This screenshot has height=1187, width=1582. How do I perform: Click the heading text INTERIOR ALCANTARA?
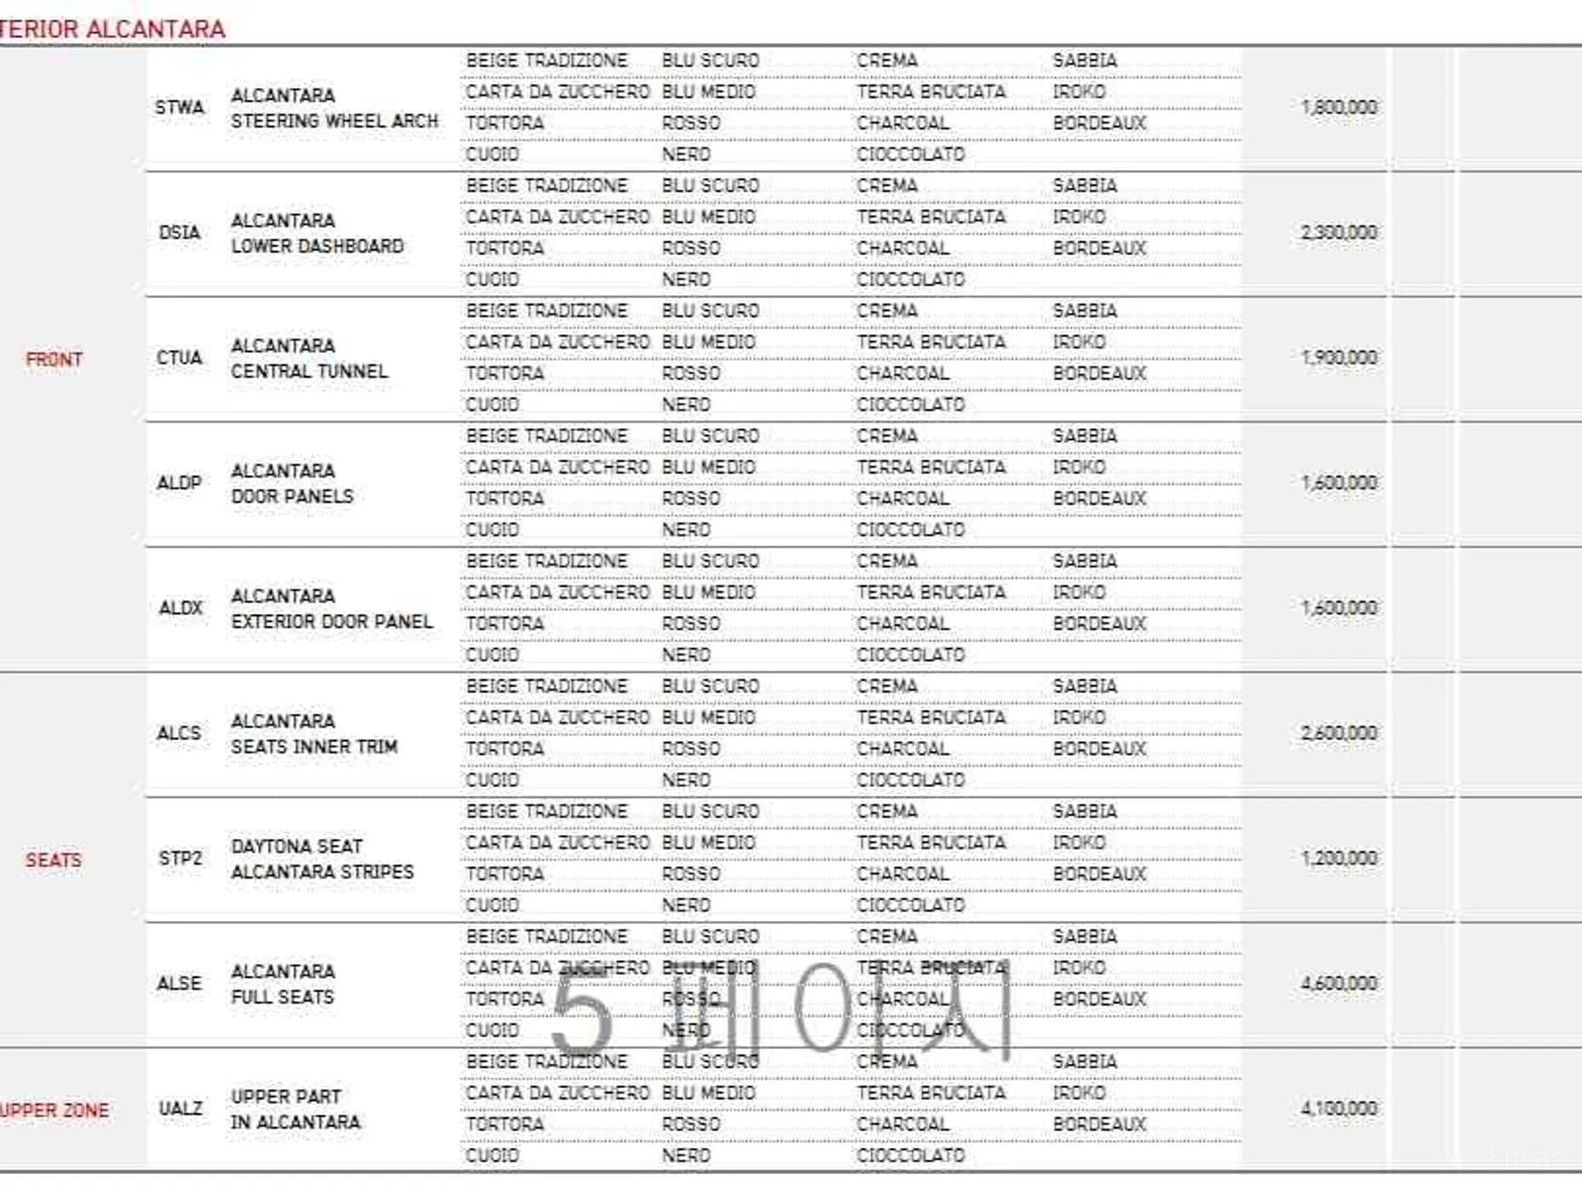113,29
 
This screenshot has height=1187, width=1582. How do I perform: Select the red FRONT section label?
54,359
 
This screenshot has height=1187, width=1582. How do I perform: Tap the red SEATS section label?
54,860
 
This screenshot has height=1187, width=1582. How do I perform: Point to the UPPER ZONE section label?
55,1110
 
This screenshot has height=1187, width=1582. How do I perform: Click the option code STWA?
179,107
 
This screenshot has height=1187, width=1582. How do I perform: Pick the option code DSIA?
179,233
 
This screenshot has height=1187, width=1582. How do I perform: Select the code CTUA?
179,358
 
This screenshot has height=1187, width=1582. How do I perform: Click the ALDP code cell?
179,483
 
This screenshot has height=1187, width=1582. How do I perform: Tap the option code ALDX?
180,608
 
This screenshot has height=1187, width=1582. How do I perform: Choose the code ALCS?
179,733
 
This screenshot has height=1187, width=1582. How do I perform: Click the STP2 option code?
180,858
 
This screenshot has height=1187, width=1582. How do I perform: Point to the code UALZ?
180,1109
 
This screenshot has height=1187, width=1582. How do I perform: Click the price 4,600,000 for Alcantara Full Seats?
1338,983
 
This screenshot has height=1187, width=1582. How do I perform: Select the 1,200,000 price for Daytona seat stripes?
1338,858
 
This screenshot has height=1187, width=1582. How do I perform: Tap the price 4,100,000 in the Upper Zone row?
1338,1109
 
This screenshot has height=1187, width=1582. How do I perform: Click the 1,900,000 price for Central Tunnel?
1338,358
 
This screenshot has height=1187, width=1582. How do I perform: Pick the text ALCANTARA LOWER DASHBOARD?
317,234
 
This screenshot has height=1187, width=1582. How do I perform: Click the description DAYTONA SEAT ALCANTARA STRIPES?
322,860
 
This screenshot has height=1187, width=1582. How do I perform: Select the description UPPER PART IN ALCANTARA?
295,1109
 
